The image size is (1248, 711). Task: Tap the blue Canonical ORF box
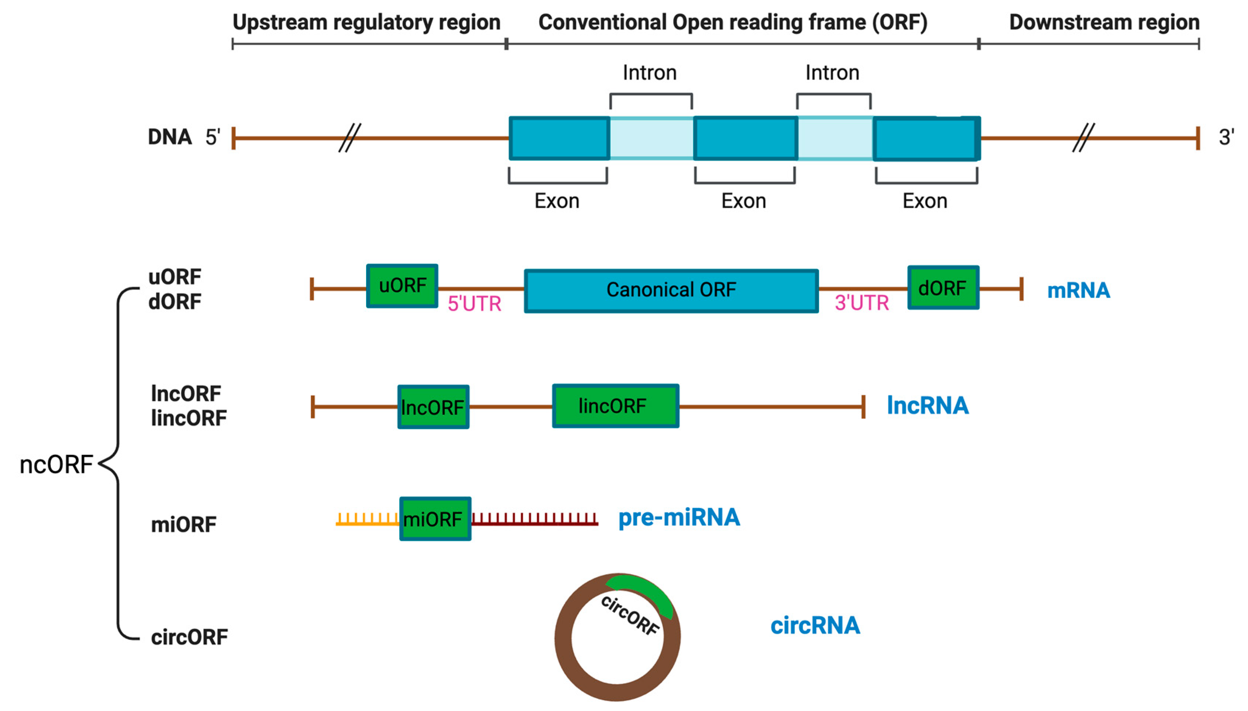(x=671, y=291)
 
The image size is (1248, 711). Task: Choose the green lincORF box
(x=615, y=406)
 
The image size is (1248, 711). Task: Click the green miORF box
(x=435, y=519)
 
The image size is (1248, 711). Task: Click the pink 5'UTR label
(x=474, y=304)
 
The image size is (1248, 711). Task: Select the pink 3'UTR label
(x=861, y=303)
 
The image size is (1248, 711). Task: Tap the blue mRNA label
(x=1078, y=291)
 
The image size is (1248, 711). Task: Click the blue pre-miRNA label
(x=678, y=518)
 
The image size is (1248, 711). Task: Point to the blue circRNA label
(x=815, y=626)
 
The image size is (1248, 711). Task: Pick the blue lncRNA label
(x=927, y=405)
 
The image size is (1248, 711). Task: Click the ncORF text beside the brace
(x=56, y=465)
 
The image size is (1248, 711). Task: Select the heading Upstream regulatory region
(x=366, y=22)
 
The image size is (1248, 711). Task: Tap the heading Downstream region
(x=1104, y=22)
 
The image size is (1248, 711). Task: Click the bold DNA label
(x=169, y=137)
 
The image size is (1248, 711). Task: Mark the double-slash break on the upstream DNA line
(x=349, y=138)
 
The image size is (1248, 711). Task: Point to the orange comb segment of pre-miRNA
(x=367, y=519)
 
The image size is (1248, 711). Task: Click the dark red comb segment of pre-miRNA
(x=534, y=519)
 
